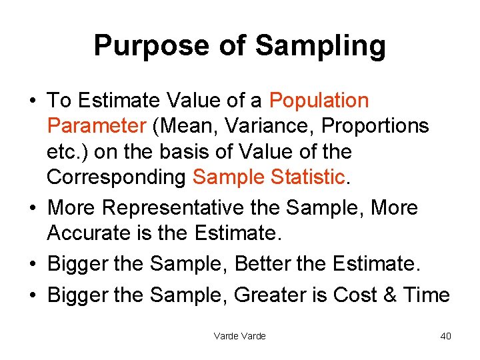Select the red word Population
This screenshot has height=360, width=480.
tap(319, 101)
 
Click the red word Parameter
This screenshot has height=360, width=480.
tap(96, 126)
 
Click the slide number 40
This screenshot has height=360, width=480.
tap(445, 336)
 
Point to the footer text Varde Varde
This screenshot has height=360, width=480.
tap(239, 336)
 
